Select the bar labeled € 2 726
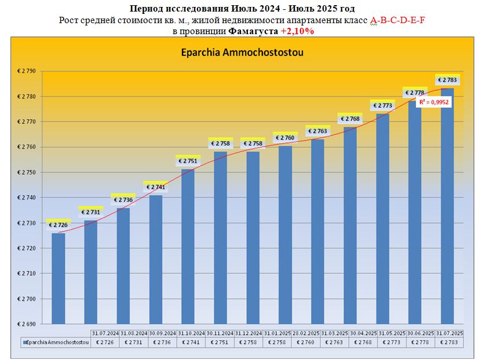[58, 278]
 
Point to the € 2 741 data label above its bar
[156, 187]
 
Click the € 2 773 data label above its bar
[383, 105]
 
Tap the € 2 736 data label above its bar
[123, 200]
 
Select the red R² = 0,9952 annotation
[434, 102]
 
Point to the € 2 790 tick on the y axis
[26, 71]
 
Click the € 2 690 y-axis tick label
[26, 324]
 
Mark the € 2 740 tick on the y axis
[26, 198]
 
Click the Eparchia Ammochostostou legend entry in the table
[56, 342]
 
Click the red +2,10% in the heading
[297, 31]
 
